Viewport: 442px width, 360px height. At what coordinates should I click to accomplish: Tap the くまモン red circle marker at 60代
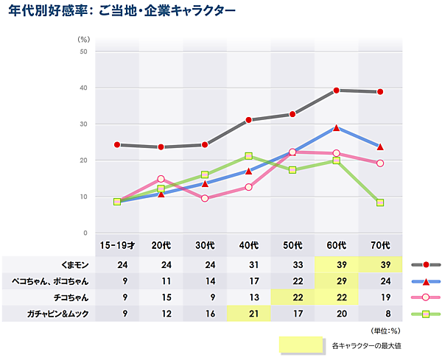tap(336, 91)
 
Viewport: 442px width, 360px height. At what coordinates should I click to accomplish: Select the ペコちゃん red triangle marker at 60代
tap(336, 127)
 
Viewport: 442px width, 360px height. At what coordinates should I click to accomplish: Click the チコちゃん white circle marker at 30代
tap(205, 199)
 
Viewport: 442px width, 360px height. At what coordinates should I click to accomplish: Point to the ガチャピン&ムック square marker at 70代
tap(380, 202)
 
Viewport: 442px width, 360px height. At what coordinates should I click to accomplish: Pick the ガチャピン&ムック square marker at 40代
tap(249, 156)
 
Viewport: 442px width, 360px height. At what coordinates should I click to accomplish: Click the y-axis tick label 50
tap(83, 52)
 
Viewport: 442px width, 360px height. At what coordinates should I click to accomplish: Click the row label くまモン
tap(73, 264)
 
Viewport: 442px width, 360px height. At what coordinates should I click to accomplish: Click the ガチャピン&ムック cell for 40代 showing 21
tap(249, 314)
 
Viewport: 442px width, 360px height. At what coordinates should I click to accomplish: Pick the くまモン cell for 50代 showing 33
tap(292, 264)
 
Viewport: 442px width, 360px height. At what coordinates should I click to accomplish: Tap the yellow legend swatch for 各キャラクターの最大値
tap(301, 344)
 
